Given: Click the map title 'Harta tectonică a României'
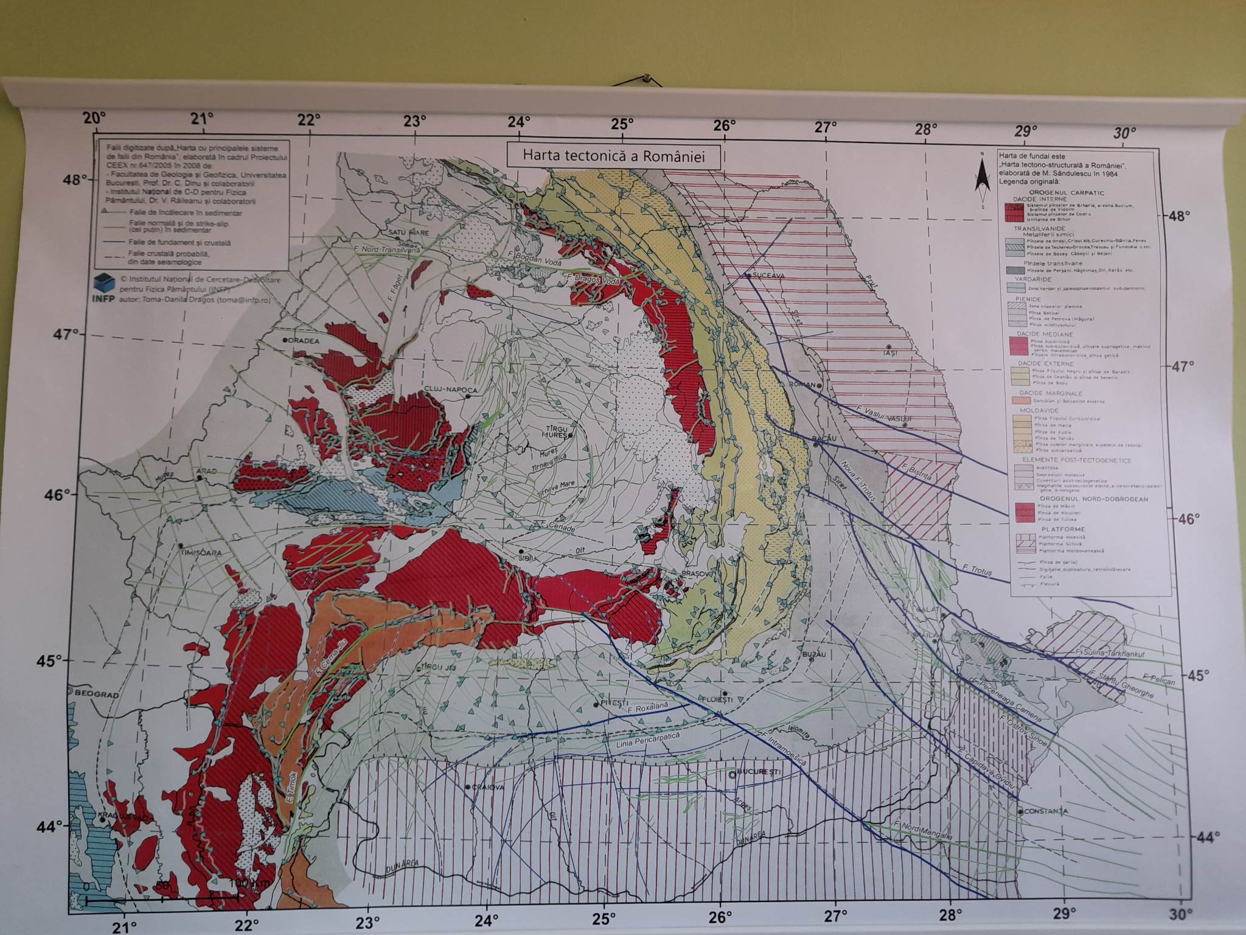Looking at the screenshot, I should point(613,156).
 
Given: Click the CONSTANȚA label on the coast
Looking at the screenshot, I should point(1046,811).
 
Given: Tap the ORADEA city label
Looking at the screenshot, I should point(304,341).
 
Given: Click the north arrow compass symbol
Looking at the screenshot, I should point(981,181).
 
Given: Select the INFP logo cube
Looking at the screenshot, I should point(104,283).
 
